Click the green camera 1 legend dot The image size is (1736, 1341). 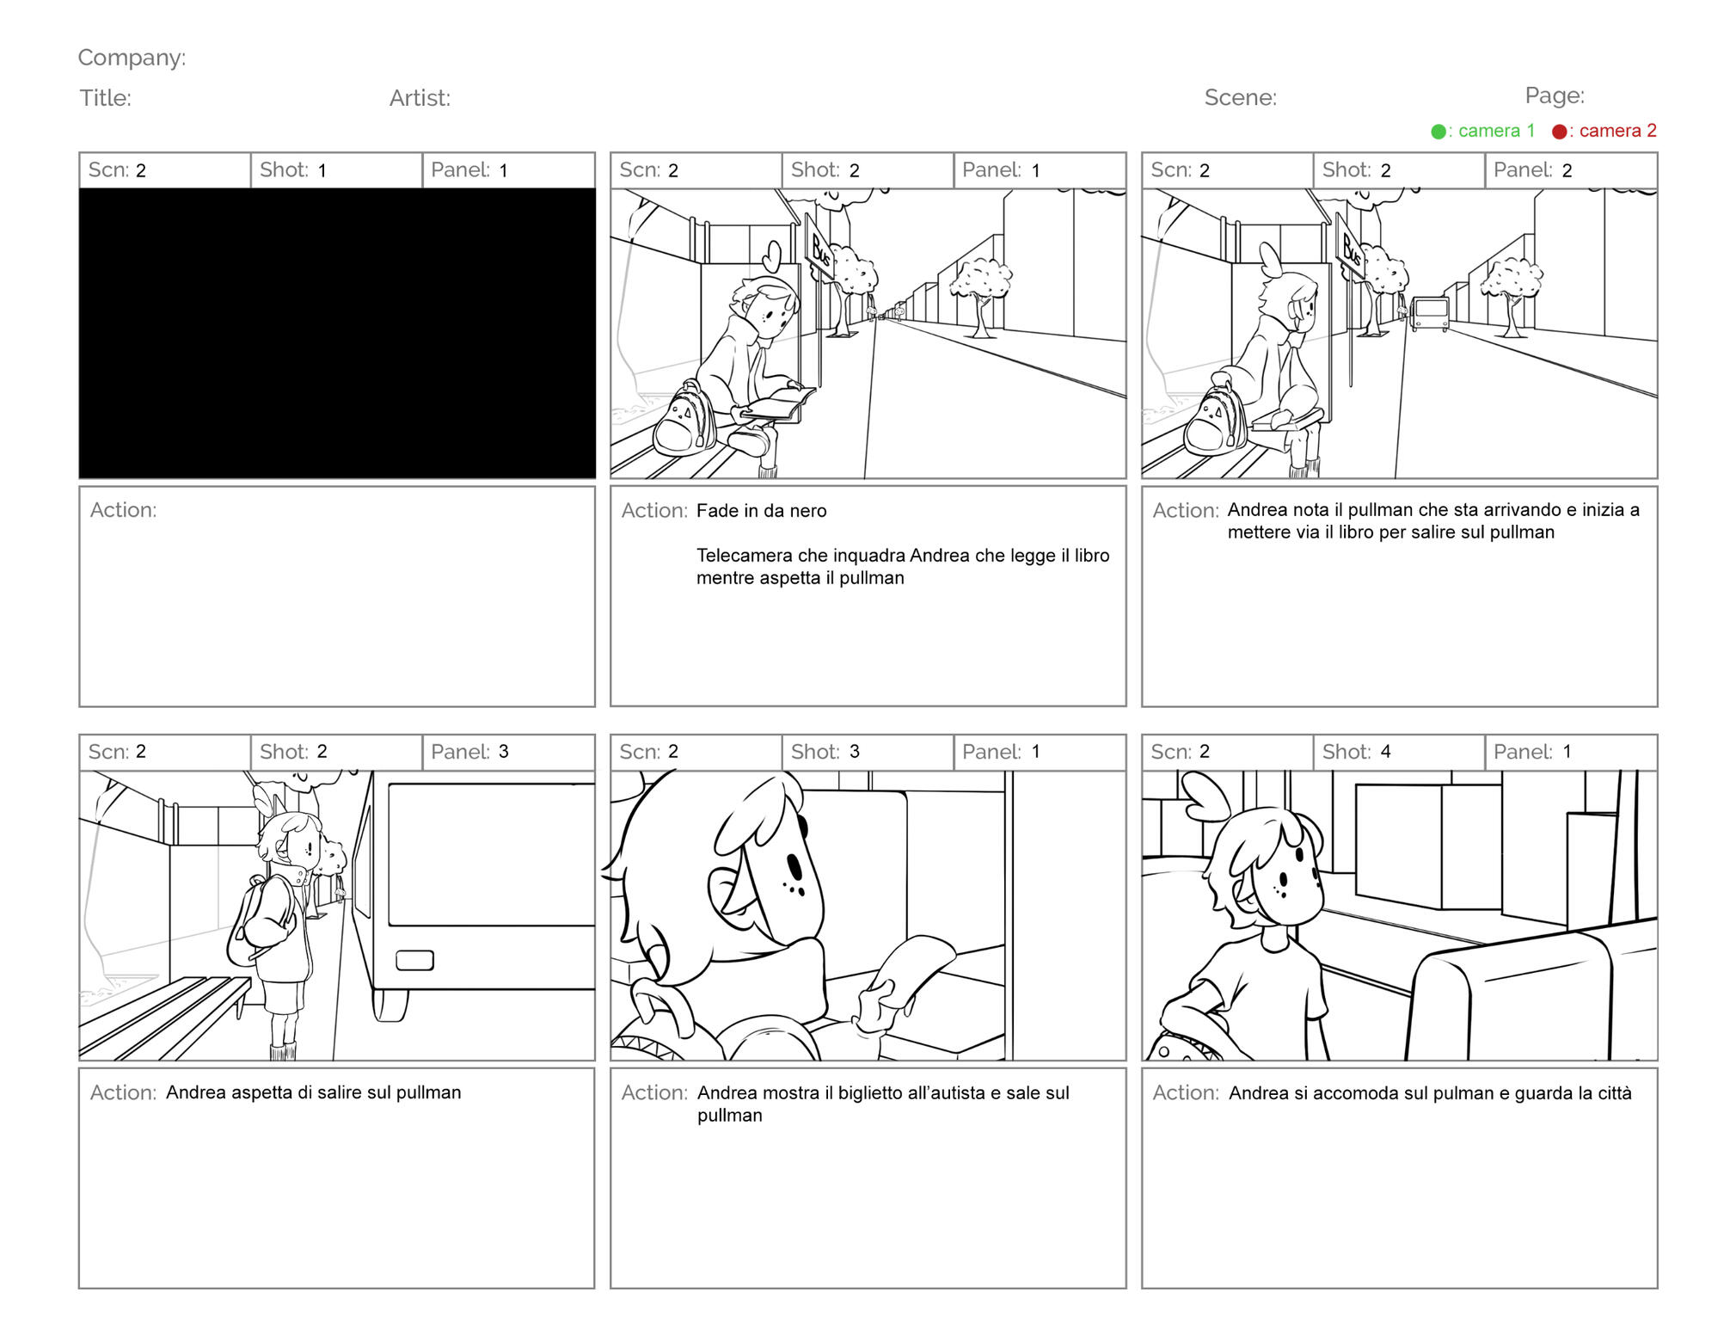(1438, 132)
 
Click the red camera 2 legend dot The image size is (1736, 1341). (1560, 132)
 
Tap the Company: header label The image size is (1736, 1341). (132, 58)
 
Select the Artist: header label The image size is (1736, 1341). (420, 98)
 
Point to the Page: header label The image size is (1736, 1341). (1555, 95)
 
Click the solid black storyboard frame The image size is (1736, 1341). (337, 333)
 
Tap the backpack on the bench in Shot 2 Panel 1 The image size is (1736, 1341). (685, 418)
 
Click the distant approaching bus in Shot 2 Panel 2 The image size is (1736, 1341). (1429, 314)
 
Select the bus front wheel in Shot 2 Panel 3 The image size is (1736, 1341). (390, 1005)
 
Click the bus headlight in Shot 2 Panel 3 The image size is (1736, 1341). (414, 960)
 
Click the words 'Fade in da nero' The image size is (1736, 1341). (761, 511)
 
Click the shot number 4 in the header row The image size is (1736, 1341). (1385, 752)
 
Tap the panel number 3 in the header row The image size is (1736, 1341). (504, 752)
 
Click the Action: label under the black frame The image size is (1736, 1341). (123, 510)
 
